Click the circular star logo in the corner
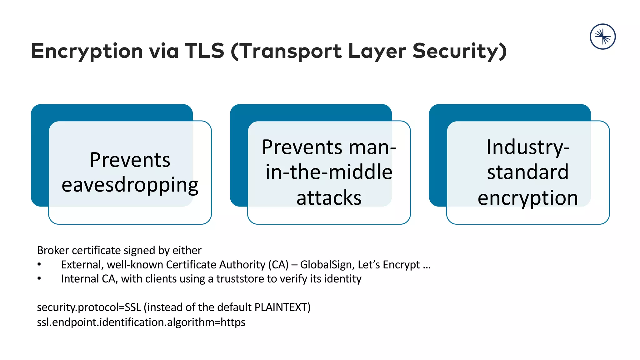click(602, 37)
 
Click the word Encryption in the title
click(87, 51)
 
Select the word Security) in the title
click(459, 51)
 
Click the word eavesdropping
click(130, 185)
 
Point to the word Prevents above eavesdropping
click(130, 160)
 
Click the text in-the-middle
click(329, 172)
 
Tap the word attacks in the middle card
click(329, 198)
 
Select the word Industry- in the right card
click(528, 147)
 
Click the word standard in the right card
click(528, 172)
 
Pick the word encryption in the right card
click(528, 198)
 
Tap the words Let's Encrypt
click(388, 265)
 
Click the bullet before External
click(39, 265)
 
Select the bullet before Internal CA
click(39, 278)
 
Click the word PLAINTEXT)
click(282, 307)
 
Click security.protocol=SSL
click(89, 307)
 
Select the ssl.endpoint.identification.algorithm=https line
click(141, 322)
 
